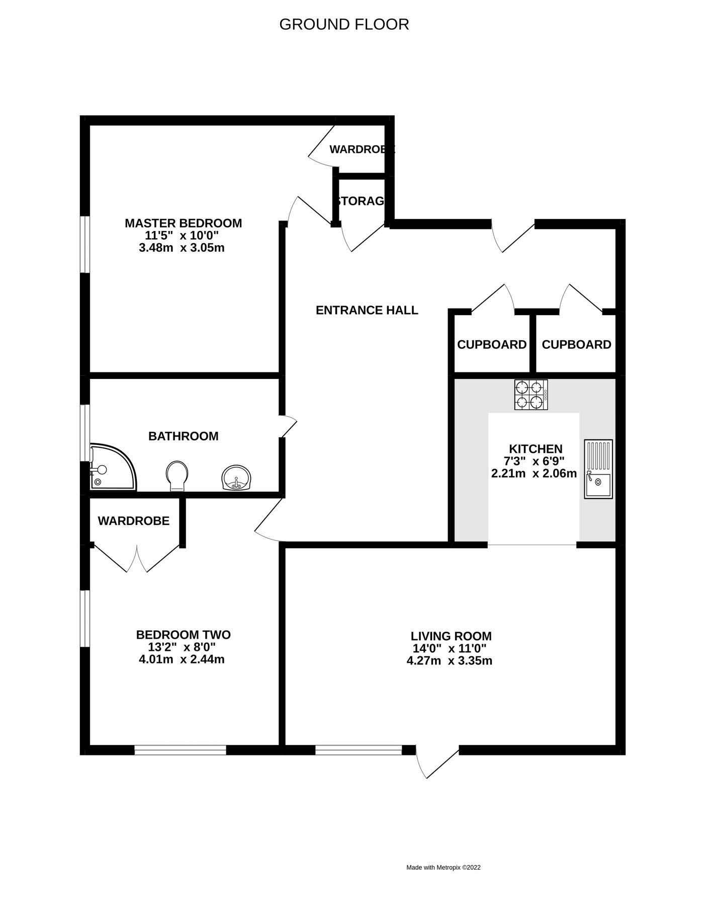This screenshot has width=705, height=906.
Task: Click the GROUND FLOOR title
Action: (x=344, y=24)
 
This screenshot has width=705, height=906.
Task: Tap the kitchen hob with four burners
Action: (x=531, y=395)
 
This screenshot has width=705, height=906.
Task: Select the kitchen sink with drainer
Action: (x=598, y=469)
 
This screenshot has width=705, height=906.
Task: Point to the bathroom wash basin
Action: (x=236, y=478)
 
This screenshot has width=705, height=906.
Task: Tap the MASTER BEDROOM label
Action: (x=183, y=223)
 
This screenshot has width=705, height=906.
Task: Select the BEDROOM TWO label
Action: (x=183, y=635)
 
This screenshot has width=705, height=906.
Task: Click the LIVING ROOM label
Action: (x=451, y=636)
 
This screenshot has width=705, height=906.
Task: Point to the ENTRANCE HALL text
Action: (x=367, y=310)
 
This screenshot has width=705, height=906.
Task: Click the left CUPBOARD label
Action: (x=491, y=345)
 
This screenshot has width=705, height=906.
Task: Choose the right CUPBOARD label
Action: (x=576, y=345)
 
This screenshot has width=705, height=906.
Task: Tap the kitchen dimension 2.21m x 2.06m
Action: (x=534, y=474)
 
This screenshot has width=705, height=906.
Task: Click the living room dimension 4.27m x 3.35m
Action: (x=449, y=661)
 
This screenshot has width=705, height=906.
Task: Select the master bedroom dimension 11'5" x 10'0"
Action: (x=182, y=236)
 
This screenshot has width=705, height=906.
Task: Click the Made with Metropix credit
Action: (x=443, y=867)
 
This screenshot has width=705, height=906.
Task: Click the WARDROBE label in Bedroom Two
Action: (x=133, y=521)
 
